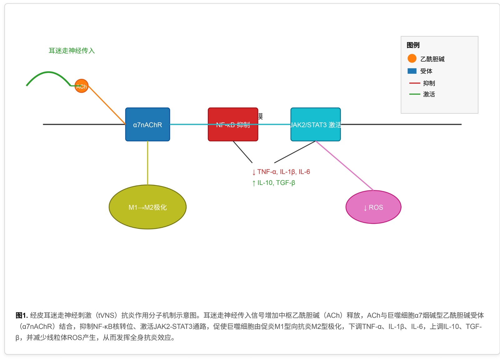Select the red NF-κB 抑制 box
click(233, 133)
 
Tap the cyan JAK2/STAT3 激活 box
click(315, 133)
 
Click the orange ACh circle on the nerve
click(81, 86)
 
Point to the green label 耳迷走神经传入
click(72, 51)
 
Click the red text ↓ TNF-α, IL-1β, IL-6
click(281, 172)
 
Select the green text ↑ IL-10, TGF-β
click(273, 183)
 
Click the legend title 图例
click(413, 45)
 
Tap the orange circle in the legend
click(412, 58)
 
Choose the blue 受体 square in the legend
click(412, 71)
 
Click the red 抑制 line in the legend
click(414, 83)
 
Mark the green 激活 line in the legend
click(414, 94)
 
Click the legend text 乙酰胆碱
click(432, 59)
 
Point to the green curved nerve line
click(48, 72)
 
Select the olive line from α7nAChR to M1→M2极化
click(147, 162)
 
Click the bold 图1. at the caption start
click(22, 315)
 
